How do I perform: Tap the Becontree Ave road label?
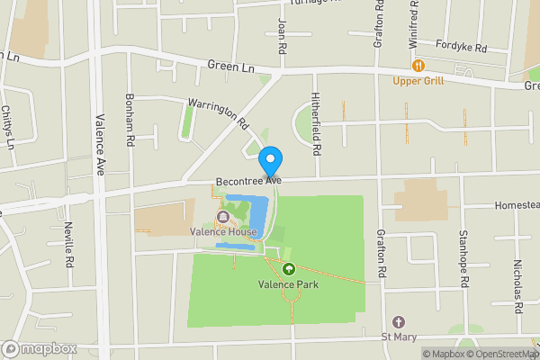[248, 181]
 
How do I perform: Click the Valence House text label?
[224, 232]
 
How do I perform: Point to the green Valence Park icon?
[289, 269]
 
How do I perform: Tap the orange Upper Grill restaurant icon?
[418, 66]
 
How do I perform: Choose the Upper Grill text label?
[418, 81]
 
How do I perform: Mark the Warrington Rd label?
[217, 112]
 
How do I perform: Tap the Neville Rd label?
[69, 247]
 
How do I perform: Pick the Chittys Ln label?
[8, 127]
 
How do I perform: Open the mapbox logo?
[40, 348]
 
